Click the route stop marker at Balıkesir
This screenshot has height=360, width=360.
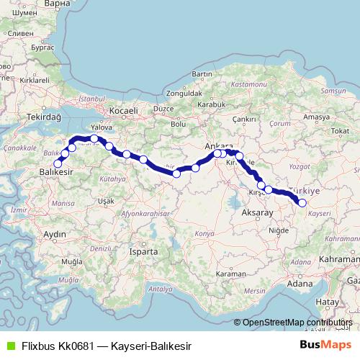click(58, 163)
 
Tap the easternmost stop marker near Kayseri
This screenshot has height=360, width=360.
click(302, 203)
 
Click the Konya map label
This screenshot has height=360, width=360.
click(204, 234)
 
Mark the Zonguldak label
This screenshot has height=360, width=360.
click(184, 94)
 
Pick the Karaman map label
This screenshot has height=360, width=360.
click(231, 274)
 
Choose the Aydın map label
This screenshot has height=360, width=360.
click(55, 235)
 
